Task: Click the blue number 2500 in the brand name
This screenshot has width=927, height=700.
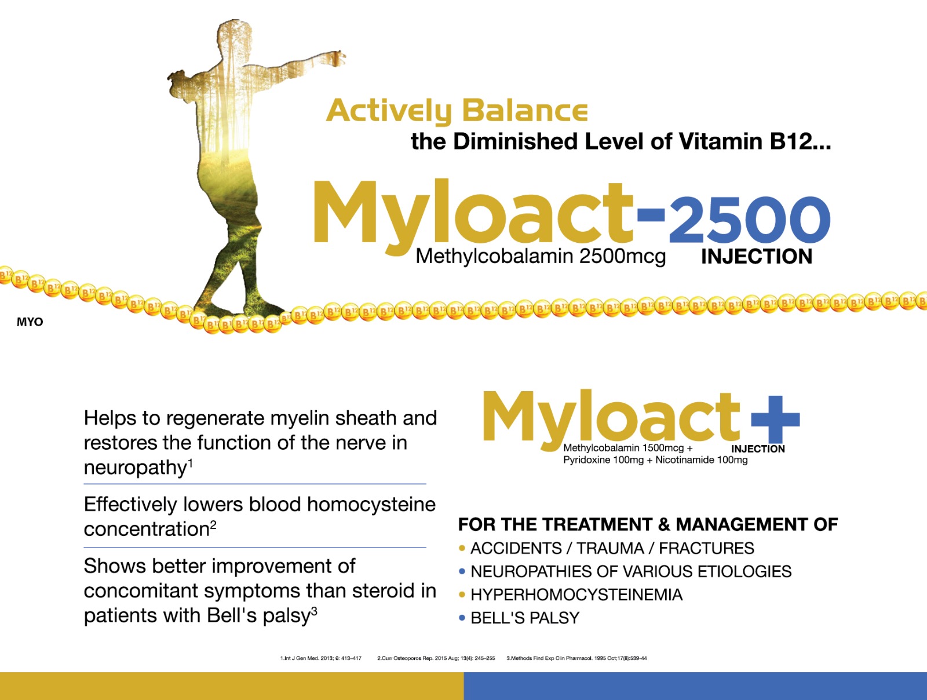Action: pos(749,220)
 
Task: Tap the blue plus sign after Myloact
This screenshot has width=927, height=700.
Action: pos(775,419)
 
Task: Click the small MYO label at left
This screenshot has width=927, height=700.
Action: pos(30,322)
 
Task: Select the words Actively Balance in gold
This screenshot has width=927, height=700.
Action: pos(457,111)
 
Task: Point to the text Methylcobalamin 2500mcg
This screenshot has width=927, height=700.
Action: pos(541,256)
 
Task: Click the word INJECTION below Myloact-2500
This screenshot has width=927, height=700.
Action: pos(757,257)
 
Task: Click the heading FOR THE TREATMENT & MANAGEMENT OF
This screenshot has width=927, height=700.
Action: pos(648,524)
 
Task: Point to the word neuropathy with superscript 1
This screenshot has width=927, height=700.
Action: pos(138,468)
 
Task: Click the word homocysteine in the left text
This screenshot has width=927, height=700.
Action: pos(371,504)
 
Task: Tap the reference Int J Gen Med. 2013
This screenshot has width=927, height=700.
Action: pos(321,658)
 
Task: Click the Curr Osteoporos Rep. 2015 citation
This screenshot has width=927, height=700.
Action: pos(436,658)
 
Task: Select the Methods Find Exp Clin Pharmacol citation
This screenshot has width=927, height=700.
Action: pos(576,658)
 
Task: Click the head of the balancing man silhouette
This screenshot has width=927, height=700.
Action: pos(234,36)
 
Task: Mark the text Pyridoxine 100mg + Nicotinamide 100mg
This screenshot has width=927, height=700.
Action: pos(655,460)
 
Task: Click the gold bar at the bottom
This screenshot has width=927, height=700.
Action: pos(232,686)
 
